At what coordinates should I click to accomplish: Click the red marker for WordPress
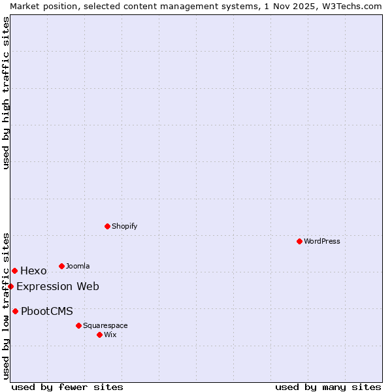299,241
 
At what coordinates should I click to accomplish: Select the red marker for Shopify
107,226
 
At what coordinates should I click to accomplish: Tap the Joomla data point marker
61,266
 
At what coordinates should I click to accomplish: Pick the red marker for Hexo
14,270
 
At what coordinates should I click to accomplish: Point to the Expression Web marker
10,286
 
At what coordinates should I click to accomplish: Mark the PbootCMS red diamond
15,311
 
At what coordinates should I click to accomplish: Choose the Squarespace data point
78,325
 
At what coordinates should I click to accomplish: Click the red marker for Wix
99,335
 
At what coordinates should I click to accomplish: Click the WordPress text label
322,241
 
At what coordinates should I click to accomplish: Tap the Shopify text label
124,226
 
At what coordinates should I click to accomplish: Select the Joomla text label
78,266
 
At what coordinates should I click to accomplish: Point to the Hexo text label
33,271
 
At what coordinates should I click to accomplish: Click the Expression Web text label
57,286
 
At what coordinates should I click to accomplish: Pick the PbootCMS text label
47,311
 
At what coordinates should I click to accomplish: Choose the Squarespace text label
105,325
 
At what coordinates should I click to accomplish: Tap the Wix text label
110,335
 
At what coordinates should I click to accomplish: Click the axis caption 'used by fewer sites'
67,387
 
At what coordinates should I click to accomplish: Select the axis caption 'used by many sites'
328,387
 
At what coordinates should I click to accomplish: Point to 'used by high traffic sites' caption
6,93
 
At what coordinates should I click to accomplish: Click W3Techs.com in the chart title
350,6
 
